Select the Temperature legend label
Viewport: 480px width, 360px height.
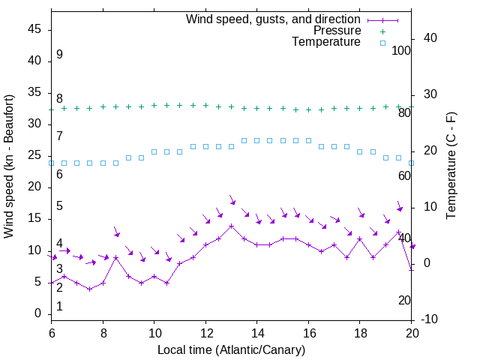point(326,43)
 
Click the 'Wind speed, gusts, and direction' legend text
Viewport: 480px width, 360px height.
point(274,19)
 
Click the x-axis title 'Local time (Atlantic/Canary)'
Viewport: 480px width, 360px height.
point(232,349)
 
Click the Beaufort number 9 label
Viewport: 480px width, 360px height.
point(59,55)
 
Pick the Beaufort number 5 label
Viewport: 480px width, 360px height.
point(59,206)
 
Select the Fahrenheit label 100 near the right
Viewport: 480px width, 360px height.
point(402,51)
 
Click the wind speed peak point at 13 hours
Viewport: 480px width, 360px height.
point(232,226)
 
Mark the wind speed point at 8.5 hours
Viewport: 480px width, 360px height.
point(115,257)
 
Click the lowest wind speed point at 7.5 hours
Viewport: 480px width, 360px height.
point(90,289)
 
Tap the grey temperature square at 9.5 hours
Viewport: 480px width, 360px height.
point(141,157)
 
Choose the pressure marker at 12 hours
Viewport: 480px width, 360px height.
point(205,106)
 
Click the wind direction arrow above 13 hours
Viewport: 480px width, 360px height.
point(232,200)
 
